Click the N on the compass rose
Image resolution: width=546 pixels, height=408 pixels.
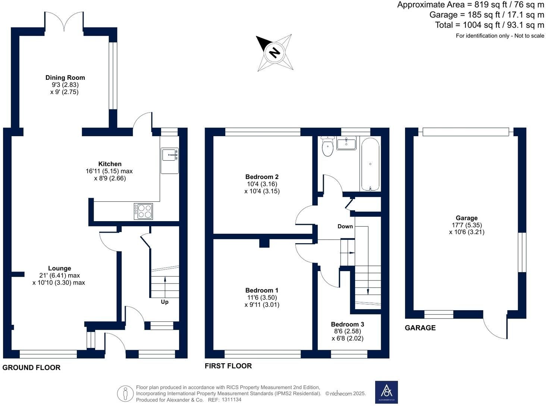(274, 53)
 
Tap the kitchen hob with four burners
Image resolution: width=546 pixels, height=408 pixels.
(143, 211)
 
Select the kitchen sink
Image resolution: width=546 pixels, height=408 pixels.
(170, 161)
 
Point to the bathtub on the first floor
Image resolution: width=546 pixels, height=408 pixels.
(370, 164)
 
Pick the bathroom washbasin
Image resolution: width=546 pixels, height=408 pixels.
(346, 143)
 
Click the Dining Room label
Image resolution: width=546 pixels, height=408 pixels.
(65, 78)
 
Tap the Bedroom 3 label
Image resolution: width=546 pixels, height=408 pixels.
(348, 324)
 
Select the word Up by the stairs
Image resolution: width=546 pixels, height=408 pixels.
(165, 302)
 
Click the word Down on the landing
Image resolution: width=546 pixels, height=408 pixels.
(345, 226)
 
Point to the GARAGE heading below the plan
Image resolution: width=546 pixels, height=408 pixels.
(420, 328)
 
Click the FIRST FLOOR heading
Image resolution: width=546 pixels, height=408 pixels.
(228, 366)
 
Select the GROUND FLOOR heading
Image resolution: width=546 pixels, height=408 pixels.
(31, 368)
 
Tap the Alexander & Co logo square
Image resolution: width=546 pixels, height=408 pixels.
(386, 392)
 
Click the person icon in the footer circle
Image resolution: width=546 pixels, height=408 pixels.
(125, 393)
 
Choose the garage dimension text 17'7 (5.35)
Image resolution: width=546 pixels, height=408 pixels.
(467, 225)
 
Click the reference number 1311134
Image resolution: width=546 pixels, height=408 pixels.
(231, 400)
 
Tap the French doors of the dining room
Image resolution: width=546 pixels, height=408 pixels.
(64, 22)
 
